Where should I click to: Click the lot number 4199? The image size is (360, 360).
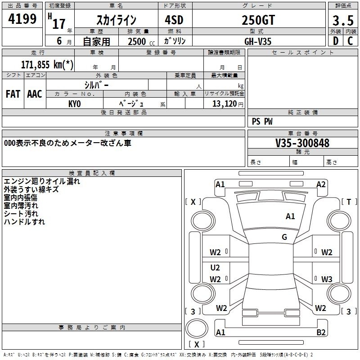click(22, 19)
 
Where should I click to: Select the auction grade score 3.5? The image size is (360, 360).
click(343, 21)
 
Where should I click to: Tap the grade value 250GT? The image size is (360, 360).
click(258, 20)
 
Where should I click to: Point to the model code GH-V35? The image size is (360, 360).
click(258, 41)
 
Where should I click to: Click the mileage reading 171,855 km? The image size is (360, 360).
click(47, 65)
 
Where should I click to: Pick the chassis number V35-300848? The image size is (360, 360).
click(302, 143)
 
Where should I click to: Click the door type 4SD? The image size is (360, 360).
click(174, 20)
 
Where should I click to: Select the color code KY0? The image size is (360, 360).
click(75, 104)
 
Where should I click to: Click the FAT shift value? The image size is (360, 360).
click(13, 94)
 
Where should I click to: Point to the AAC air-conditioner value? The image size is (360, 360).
click(35, 94)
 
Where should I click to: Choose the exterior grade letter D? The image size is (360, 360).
click(336, 41)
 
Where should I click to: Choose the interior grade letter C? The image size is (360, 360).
click(350, 41)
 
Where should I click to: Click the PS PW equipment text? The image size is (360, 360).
click(262, 121)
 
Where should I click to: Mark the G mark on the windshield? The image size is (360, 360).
click(284, 237)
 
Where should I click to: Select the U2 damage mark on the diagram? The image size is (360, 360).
click(215, 267)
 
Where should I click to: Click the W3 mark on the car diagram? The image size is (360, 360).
click(327, 279)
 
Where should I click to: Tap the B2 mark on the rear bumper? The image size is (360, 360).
click(321, 332)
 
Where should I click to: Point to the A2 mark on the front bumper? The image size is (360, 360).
click(321, 184)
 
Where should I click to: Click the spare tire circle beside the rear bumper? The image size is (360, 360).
click(197, 328)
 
